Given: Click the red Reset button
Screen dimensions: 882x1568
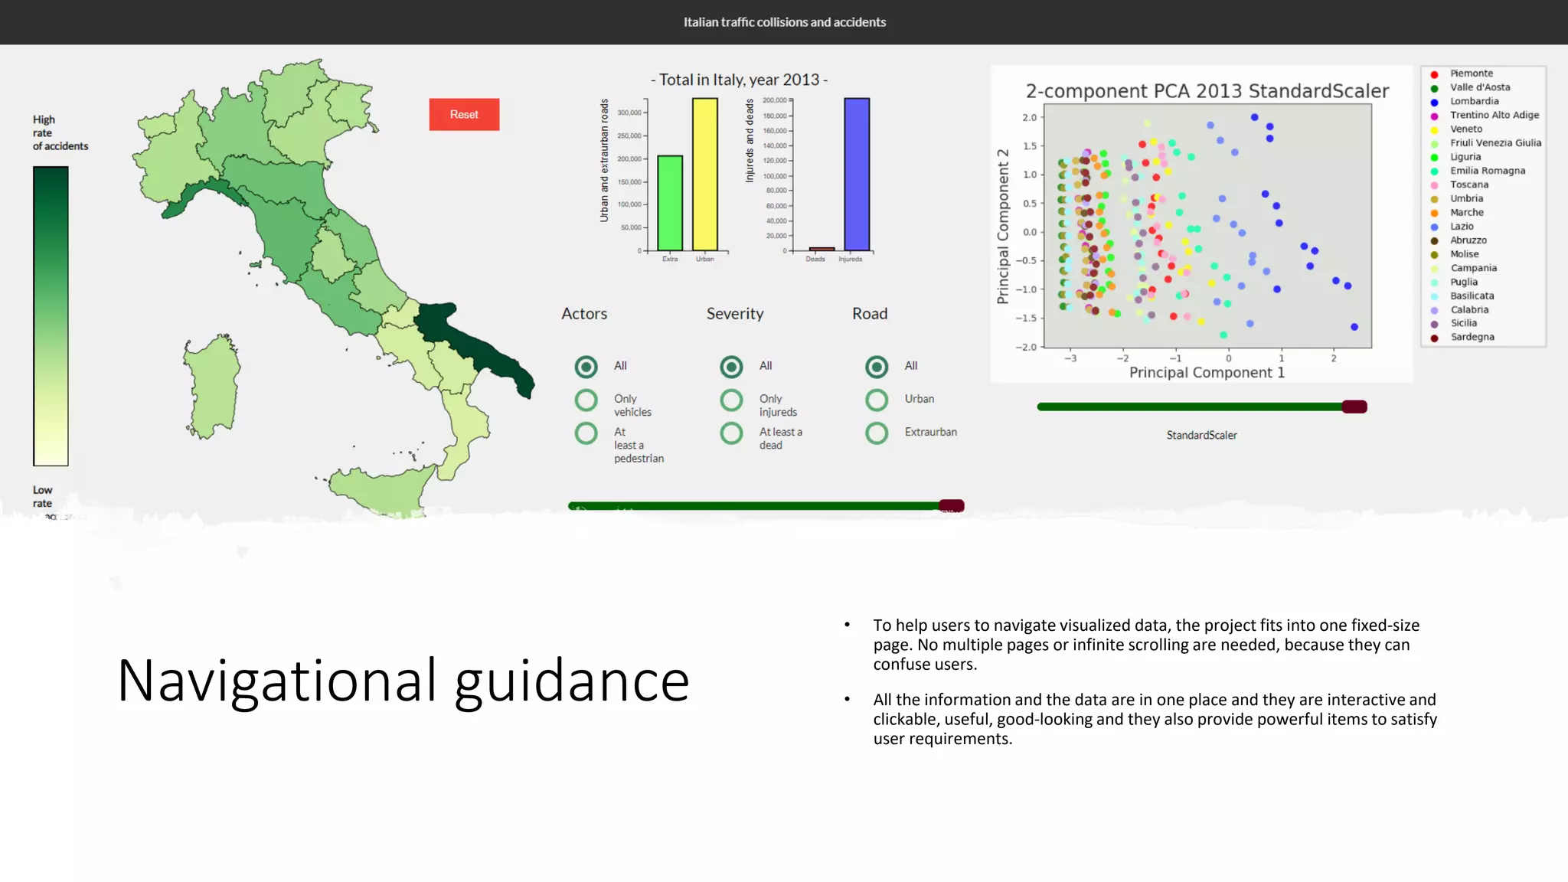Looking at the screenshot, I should pos(464,114).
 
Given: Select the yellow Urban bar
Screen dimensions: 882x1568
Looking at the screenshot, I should pos(704,174).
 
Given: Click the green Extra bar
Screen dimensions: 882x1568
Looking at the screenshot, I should pos(670,203).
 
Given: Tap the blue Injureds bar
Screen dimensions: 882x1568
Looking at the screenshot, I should pos(857,174).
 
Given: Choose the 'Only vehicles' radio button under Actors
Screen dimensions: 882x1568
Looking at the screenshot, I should pos(586,400).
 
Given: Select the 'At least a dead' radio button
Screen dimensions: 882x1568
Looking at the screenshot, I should pos(731,433).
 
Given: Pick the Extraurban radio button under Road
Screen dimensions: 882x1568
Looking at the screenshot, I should pos(877,433).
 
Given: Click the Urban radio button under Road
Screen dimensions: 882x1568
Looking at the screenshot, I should pos(877,400).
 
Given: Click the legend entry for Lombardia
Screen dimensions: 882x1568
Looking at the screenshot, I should pos(1474,101).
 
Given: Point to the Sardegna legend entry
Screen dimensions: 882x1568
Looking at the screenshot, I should pos(1472,337).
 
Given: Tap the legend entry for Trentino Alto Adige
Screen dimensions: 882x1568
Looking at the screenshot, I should pos(1494,115).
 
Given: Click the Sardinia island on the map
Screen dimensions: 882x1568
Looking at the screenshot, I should pos(212,387).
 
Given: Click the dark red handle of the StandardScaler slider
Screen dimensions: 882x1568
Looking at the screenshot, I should pos(1354,407).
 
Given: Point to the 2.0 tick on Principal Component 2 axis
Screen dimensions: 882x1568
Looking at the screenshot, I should pos(1029,117).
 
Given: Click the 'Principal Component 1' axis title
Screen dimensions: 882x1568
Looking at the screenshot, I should pos(1207,373).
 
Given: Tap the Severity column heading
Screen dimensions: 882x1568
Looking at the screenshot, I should pos(734,314).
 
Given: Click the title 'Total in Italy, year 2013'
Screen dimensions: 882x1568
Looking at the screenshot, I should pos(739,80).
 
